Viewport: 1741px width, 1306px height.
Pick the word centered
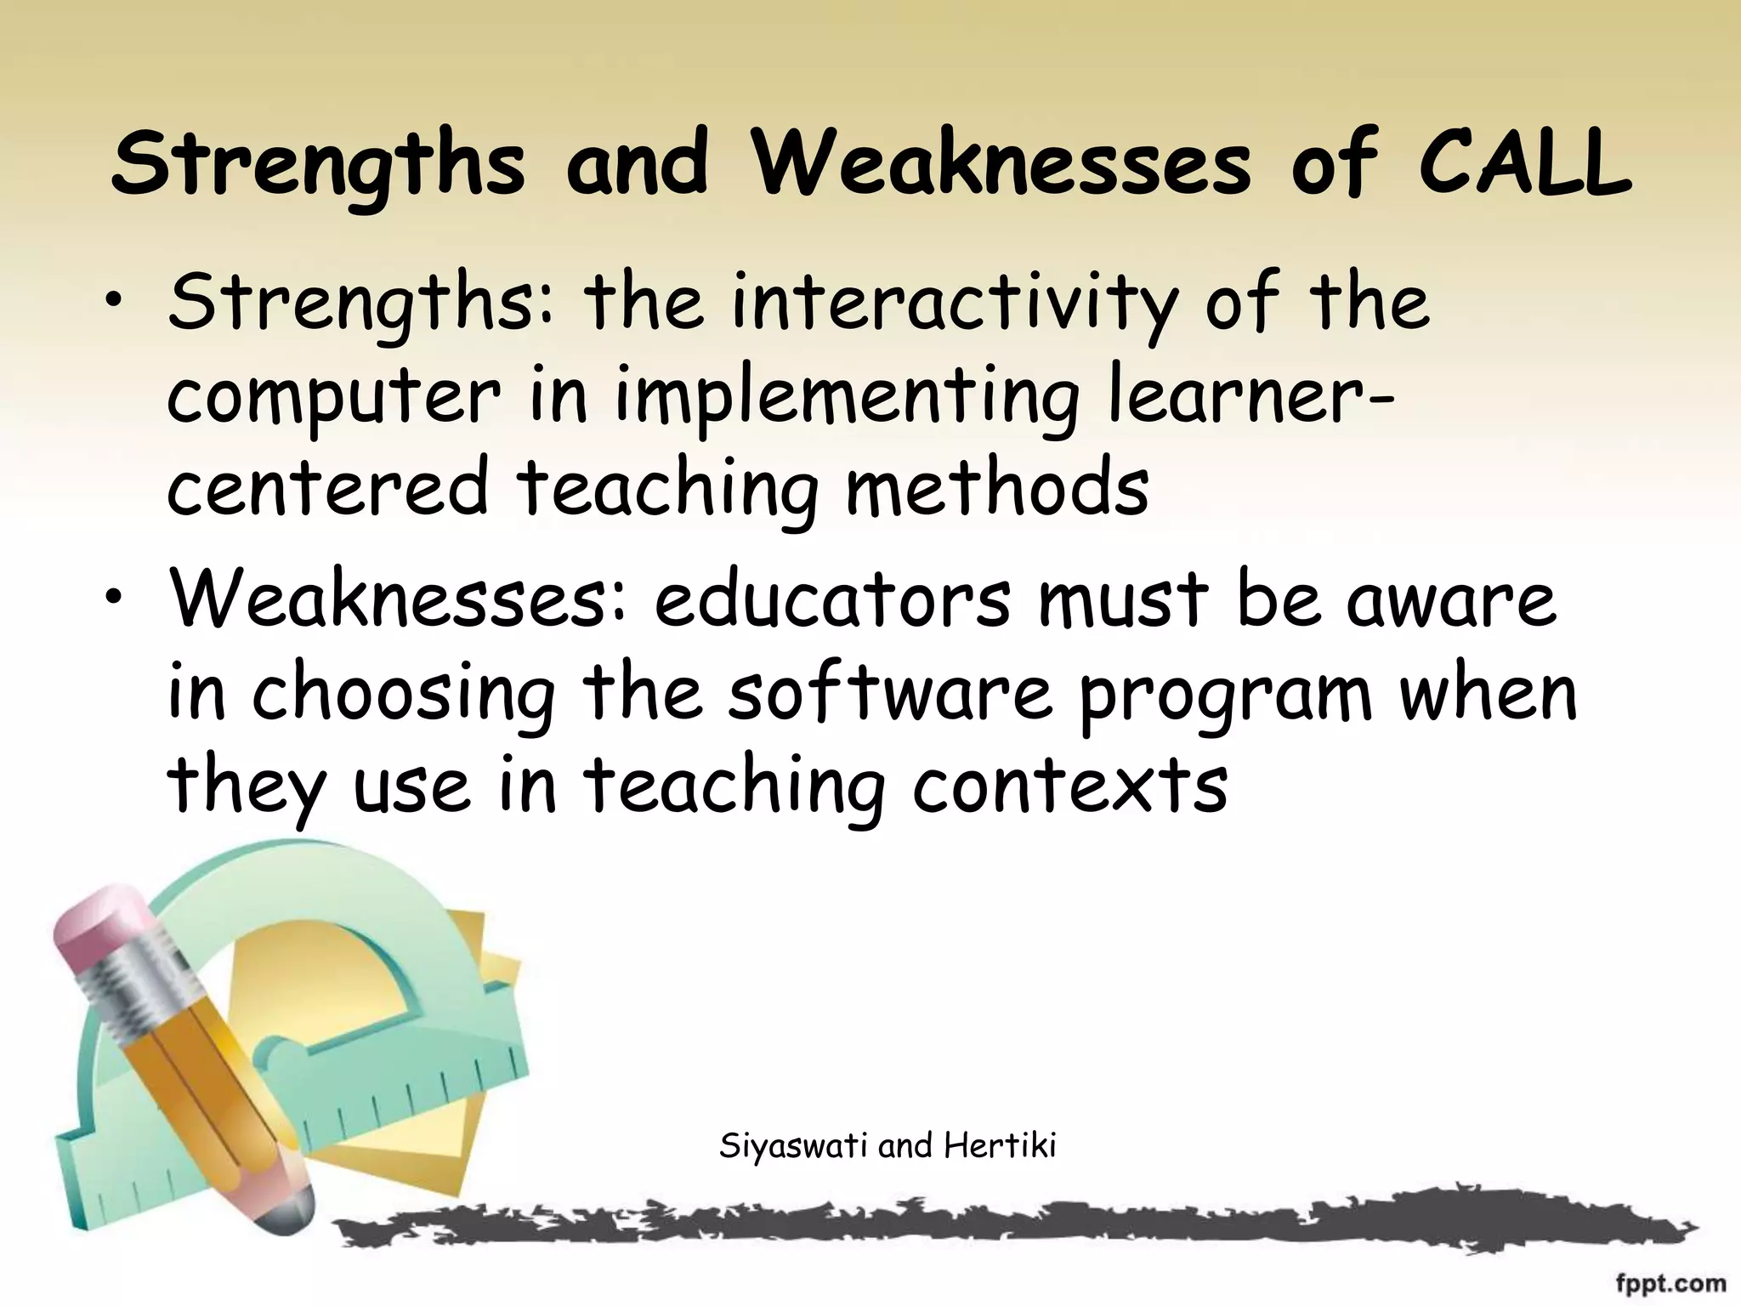point(327,488)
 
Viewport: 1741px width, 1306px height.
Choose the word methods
point(997,488)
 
